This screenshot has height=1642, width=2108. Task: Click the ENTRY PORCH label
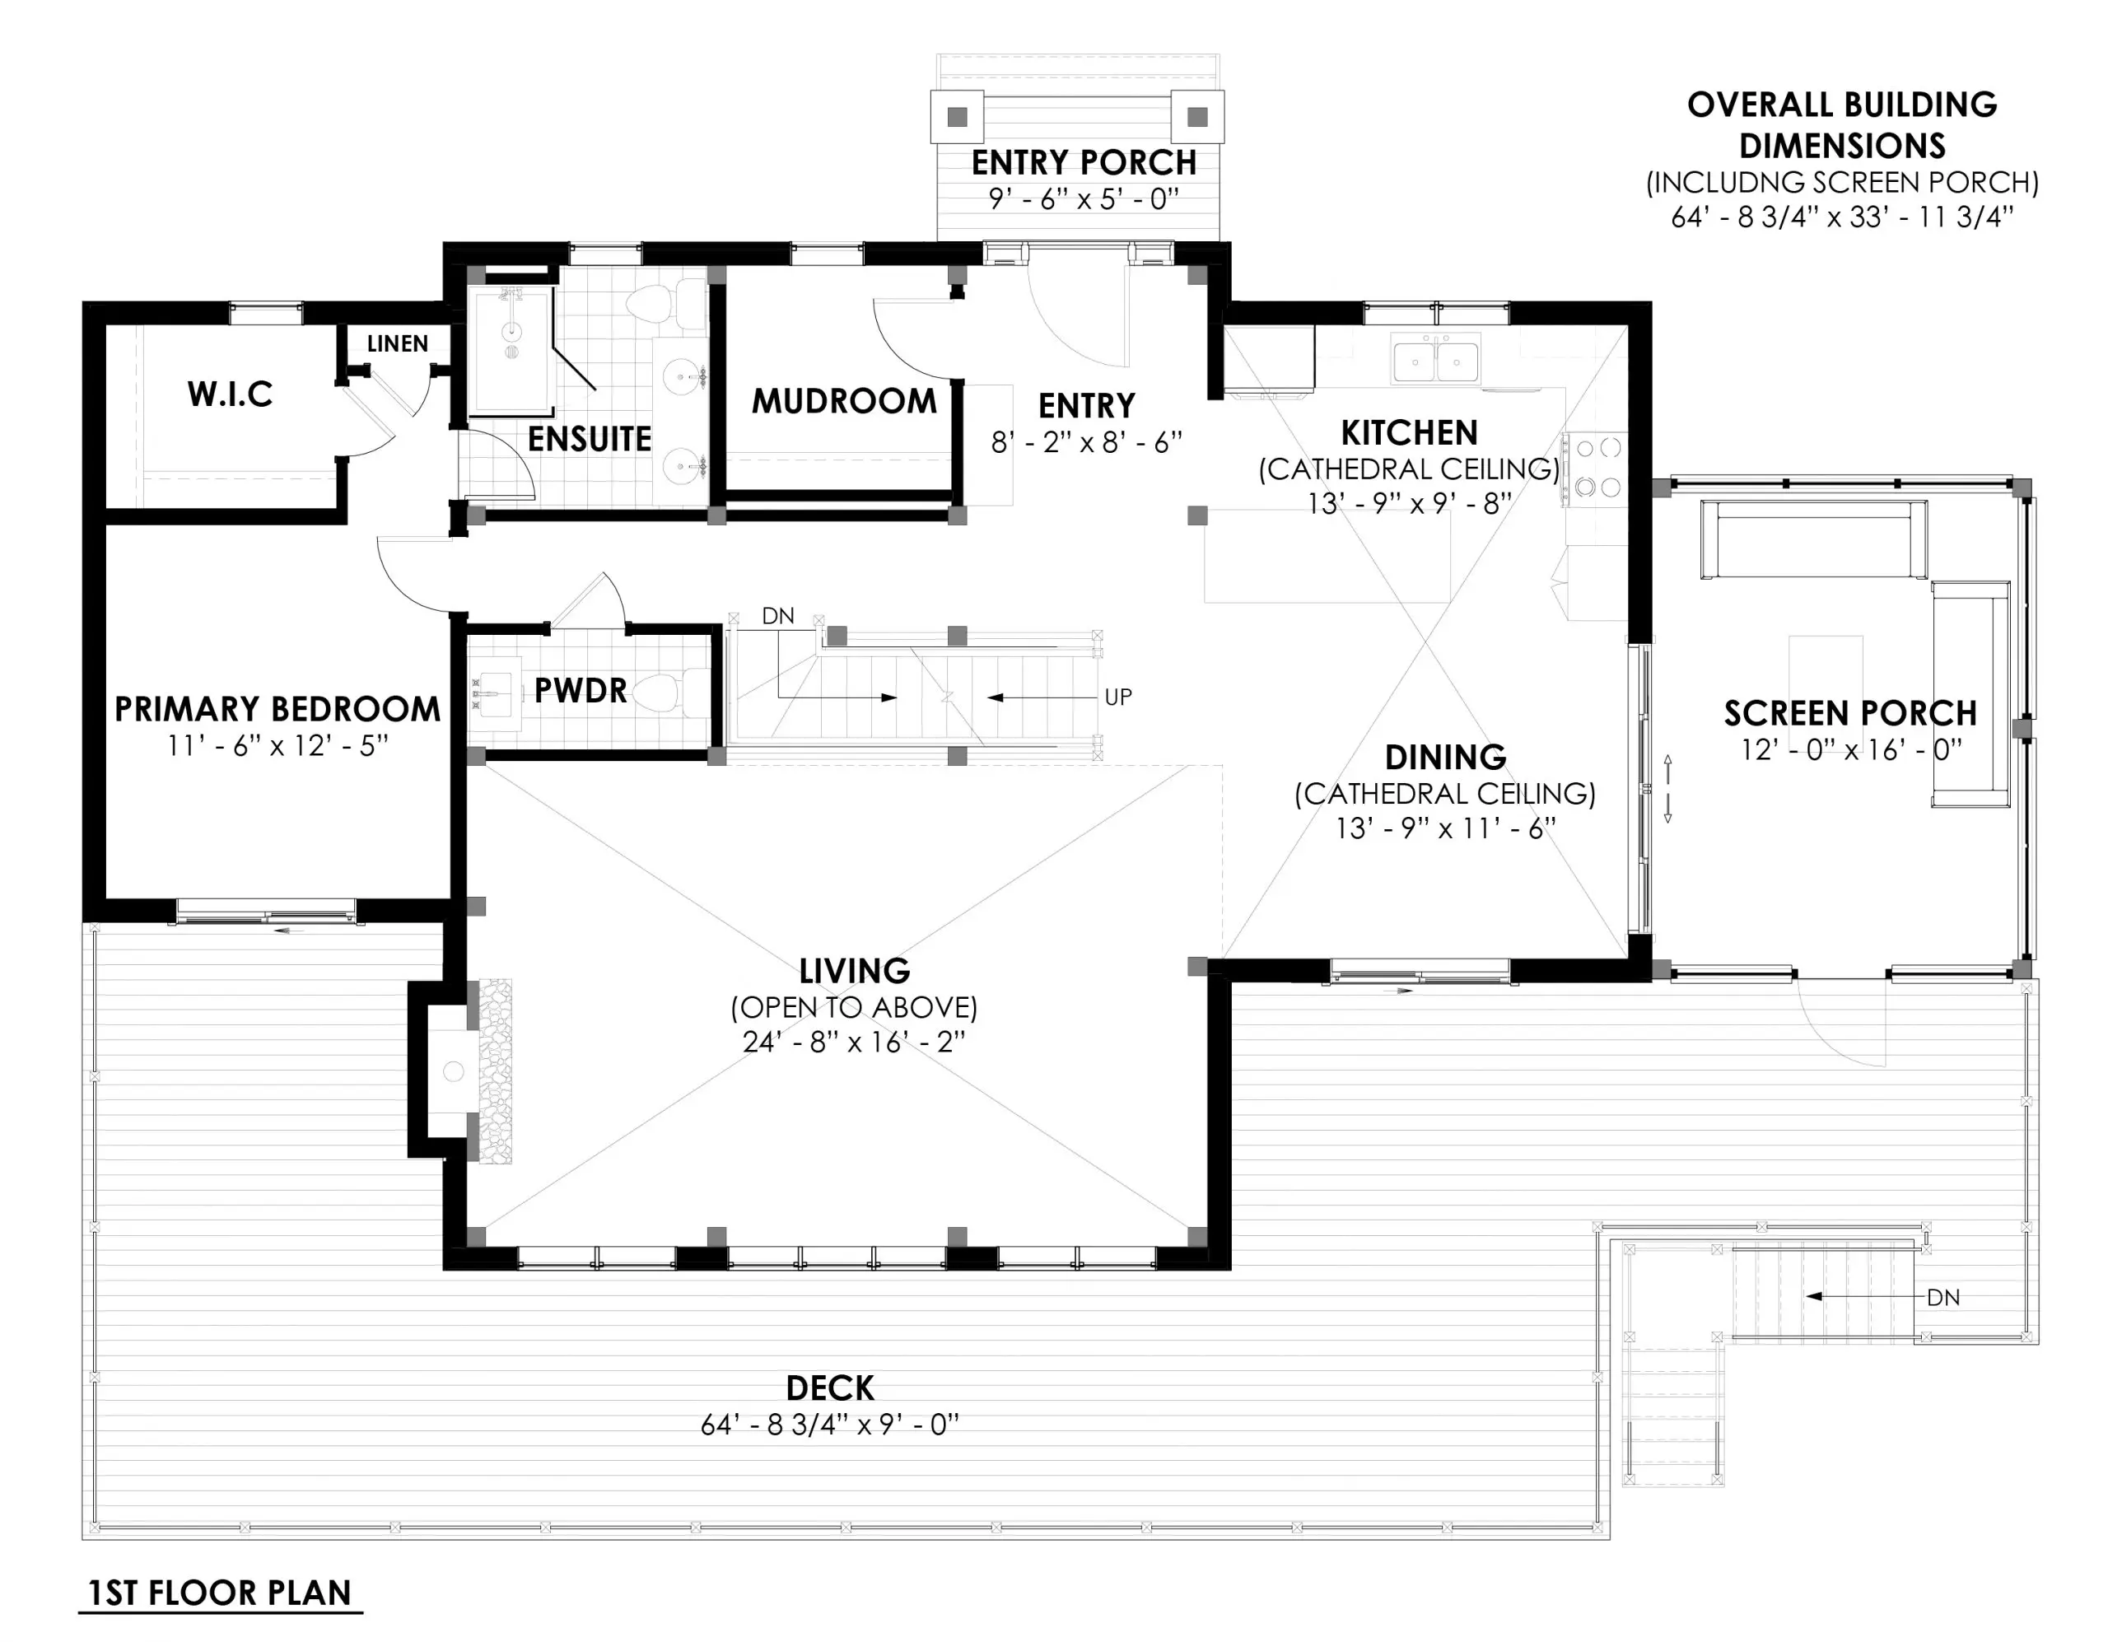tap(1083, 162)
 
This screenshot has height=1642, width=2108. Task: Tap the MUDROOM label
tap(843, 400)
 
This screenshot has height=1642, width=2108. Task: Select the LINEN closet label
tap(397, 343)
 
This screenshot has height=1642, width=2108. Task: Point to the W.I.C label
tap(230, 394)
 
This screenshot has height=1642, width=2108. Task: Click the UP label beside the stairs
tap(1117, 697)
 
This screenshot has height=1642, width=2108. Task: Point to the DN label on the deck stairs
tap(1943, 1298)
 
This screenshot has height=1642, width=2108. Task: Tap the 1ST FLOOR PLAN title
tap(220, 1592)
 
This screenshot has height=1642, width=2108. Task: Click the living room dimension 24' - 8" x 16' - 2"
tap(853, 1043)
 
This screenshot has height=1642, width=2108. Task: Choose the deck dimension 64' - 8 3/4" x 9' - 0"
tap(829, 1425)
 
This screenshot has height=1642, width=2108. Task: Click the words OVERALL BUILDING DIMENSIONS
tap(1841, 124)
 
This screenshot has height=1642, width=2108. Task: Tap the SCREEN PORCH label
tap(1850, 712)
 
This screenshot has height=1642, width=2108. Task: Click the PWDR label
tap(580, 690)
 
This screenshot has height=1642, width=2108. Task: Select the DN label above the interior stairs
tap(778, 616)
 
